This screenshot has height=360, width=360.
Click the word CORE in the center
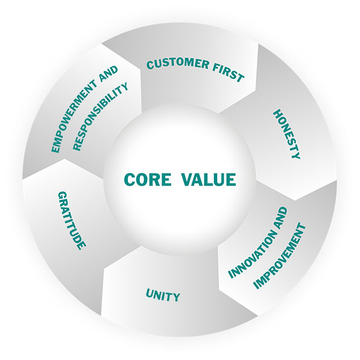[148, 179]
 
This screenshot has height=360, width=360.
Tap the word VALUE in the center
[209, 179]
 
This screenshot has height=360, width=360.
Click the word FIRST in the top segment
[228, 73]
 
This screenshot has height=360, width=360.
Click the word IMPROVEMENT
[280, 256]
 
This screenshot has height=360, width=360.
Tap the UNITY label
[163, 295]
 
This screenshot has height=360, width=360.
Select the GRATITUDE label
[72, 221]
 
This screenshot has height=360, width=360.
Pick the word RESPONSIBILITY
[100, 116]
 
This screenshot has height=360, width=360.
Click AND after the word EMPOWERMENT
[109, 74]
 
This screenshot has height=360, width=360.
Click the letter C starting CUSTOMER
[150, 65]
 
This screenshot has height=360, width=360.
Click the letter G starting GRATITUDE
[63, 195]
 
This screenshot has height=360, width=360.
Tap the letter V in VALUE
[188, 179]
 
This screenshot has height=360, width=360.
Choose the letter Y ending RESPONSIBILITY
[124, 87]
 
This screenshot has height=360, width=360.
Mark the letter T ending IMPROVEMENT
[302, 227]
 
